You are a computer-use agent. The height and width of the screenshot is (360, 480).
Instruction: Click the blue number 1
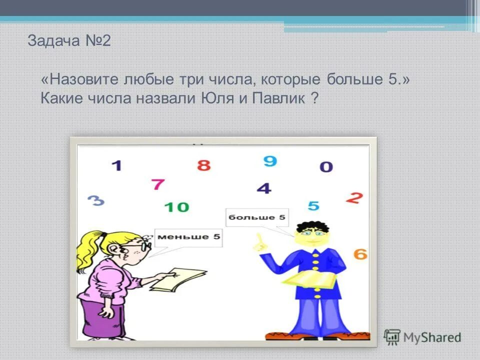pyautogui.click(x=116, y=165)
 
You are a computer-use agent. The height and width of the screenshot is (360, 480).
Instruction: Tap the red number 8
pyautogui.click(x=203, y=165)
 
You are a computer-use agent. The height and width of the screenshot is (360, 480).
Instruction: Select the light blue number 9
pyautogui.click(x=270, y=161)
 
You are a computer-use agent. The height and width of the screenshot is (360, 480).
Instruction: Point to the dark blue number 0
pyautogui.click(x=326, y=167)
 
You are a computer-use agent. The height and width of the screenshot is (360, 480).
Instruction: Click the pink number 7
pyautogui.click(x=158, y=184)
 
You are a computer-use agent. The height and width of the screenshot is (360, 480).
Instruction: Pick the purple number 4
pyautogui.click(x=264, y=188)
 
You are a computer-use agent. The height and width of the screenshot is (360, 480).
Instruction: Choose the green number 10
pyautogui.click(x=176, y=206)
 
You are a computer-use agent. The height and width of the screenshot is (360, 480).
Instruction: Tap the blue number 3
pyautogui.click(x=96, y=201)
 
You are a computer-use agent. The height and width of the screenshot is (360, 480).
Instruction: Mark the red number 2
pyautogui.click(x=354, y=198)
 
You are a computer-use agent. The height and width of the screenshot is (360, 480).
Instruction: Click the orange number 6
pyautogui.click(x=360, y=254)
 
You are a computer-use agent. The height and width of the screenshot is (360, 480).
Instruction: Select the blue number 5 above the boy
pyautogui.click(x=313, y=205)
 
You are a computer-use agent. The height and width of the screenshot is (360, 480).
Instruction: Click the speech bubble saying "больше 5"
pyautogui.click(x=257, y=217)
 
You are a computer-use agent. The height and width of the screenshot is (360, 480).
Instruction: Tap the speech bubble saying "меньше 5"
pyautogui.click(x=188, y=237)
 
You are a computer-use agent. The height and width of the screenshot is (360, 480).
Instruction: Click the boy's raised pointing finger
pyautogui.click(x=258, y=242)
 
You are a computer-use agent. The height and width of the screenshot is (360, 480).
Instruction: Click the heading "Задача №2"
pyautogui.click(x=69, y=41)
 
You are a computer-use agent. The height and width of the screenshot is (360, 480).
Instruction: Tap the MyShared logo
pyautogui.click(x=422, y=337)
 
